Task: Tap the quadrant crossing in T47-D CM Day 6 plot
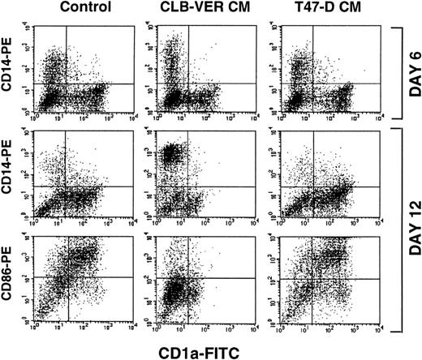point(303,83)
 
